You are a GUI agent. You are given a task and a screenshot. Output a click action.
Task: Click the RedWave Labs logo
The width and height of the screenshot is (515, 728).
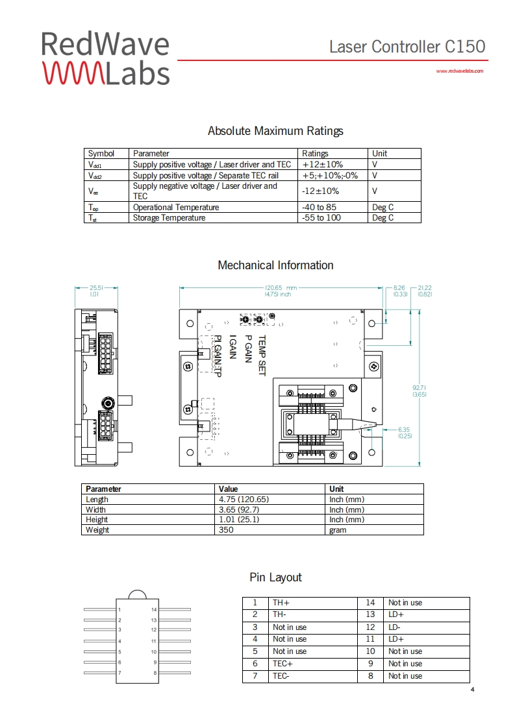[x=105, y=58]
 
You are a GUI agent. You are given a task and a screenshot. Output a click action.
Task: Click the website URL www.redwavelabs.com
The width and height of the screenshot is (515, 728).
[x=460, y=71]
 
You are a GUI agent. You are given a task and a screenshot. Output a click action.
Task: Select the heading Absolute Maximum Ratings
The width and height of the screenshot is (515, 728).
[x=275, y=131]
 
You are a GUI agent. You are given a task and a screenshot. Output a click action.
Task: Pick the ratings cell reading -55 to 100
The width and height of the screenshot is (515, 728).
[x=321, y=218]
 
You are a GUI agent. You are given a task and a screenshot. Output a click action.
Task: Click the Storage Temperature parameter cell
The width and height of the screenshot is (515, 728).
[x=169, y=218]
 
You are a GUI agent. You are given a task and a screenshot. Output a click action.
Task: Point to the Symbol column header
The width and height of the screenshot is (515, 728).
[x=101, y=154]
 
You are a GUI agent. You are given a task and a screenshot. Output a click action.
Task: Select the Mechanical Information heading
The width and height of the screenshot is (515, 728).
[x=275, y=265]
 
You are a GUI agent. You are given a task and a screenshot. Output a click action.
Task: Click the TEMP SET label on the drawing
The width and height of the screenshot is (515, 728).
[x=262, y=355]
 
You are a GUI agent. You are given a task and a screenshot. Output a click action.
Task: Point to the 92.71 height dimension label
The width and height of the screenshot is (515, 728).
[x=420, y=388]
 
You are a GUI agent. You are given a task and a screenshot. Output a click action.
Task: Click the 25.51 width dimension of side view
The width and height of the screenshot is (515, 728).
[x=96, y=287]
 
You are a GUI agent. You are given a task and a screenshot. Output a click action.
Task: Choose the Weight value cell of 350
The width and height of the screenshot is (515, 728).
[x=227, y=530]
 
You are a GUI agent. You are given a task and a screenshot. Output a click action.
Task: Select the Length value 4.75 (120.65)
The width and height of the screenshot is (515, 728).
[x=244, y=500]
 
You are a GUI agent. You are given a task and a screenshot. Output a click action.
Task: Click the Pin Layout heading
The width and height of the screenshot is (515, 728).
[x=275, y=577]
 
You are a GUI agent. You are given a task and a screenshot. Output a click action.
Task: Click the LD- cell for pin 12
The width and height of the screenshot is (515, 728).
[x=395, y=627]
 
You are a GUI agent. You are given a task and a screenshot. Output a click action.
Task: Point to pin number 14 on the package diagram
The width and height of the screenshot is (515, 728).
[x=154, y=610]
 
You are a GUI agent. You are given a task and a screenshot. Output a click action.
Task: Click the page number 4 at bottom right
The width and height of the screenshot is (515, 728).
[x=472, y=689]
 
